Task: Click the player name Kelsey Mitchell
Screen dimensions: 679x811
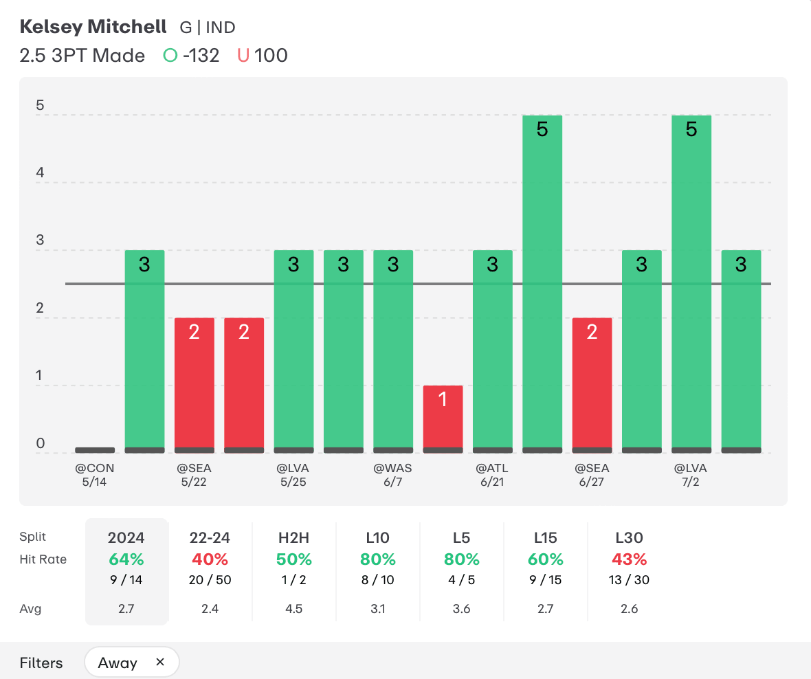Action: [x=93, y=27]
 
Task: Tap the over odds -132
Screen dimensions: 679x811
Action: [x=201, y=56]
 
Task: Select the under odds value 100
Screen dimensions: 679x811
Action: [x=271, y=56]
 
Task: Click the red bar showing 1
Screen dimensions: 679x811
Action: [x=443, y=419]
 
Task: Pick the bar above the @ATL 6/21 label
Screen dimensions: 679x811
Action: [x=492, y=350]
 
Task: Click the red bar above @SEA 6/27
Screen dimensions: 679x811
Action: [x=592, y=385]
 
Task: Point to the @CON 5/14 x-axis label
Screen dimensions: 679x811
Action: [x=95, y=475]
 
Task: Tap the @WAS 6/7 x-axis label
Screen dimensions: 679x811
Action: [x=393, y=475]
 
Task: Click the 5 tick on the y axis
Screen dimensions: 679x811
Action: [x=40, y=106]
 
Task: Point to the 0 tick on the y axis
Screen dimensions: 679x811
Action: [x=40, y=444]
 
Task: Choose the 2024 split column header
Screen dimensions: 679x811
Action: [x=126, y=538]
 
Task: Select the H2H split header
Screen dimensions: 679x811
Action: [x=293, y=538]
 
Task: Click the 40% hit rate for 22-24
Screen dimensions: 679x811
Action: [x=210, y=559]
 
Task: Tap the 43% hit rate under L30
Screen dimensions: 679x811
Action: [x=630, y=559]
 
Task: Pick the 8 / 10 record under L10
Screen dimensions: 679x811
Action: [x=377, y=580]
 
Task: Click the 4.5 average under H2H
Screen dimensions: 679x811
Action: [x=293, y=609]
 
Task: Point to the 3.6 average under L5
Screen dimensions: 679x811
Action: [x=461, y=609]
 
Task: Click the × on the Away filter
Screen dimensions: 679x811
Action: [x=160, y=663]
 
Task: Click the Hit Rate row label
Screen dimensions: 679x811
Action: [x=43, y=559]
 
